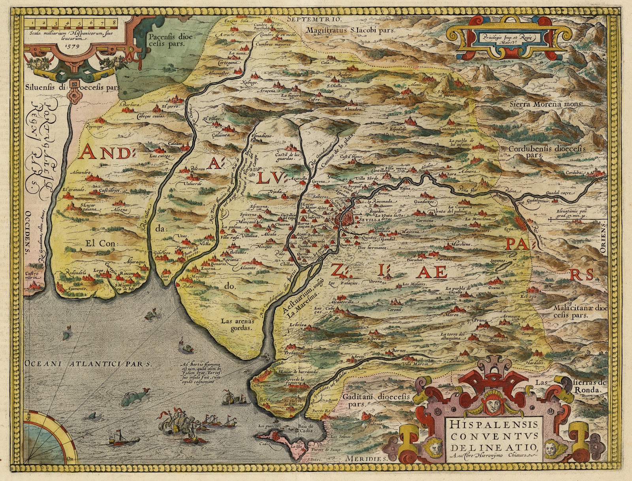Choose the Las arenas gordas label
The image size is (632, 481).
237,324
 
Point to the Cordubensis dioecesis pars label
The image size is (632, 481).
547,152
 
